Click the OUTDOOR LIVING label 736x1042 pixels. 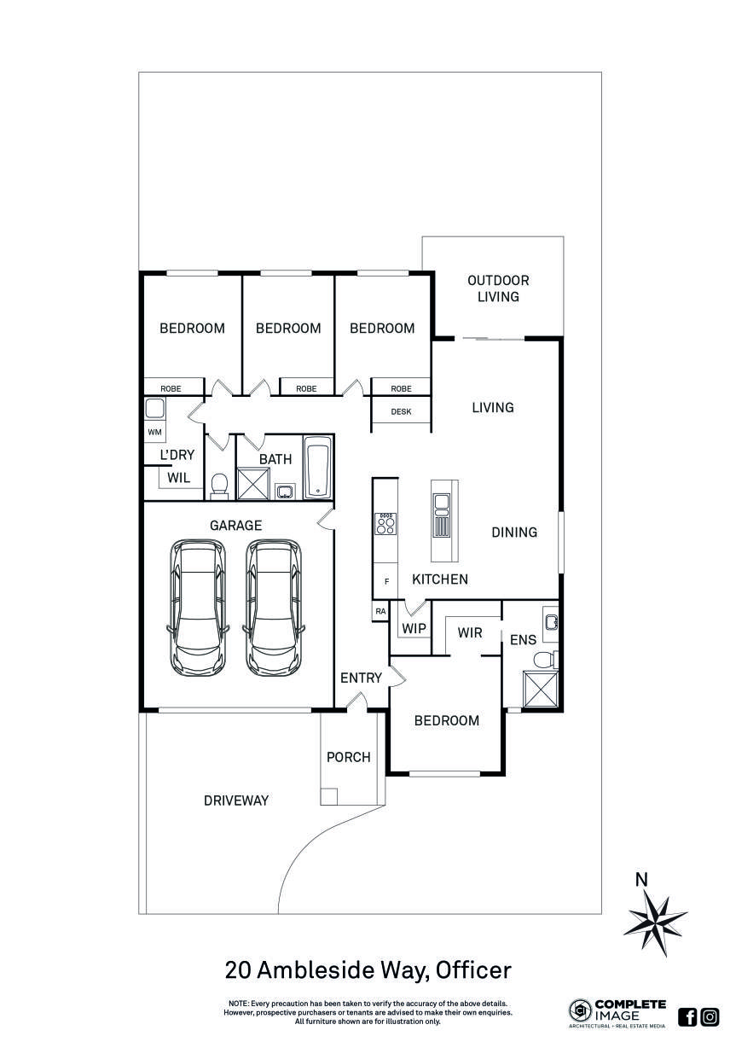(x=497, y=288)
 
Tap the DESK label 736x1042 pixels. (x=401, y=412)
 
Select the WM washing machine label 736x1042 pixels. (x=154, y=433)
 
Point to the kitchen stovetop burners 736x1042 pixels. (x=385, y=523)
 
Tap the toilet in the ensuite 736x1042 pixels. (x=542, y=659)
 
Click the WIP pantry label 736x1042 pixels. (x=414, y=629)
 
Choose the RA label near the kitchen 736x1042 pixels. (x=380, y=611)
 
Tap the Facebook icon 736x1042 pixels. (x=687, y=1016)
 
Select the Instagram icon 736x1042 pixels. (x=710, y=1016)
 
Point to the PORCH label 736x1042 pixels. (x=349, y=757)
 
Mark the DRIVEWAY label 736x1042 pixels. (x=236, y=800)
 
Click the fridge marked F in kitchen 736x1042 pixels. (x=386, y=581)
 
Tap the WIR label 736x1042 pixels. (x=470, y=633)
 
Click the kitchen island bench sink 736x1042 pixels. (x=442, y=517)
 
